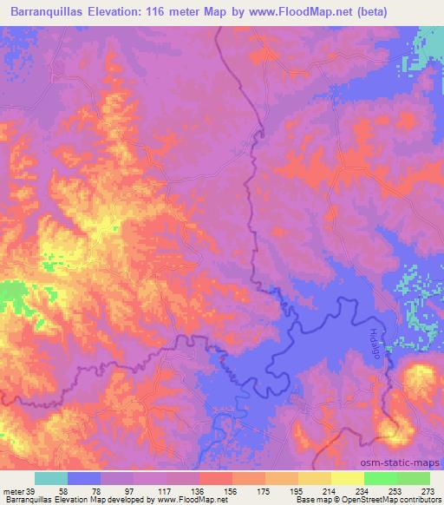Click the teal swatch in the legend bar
tap(51, 479)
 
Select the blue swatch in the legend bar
tap(84, 479)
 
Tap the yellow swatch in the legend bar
tap(347, 479)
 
